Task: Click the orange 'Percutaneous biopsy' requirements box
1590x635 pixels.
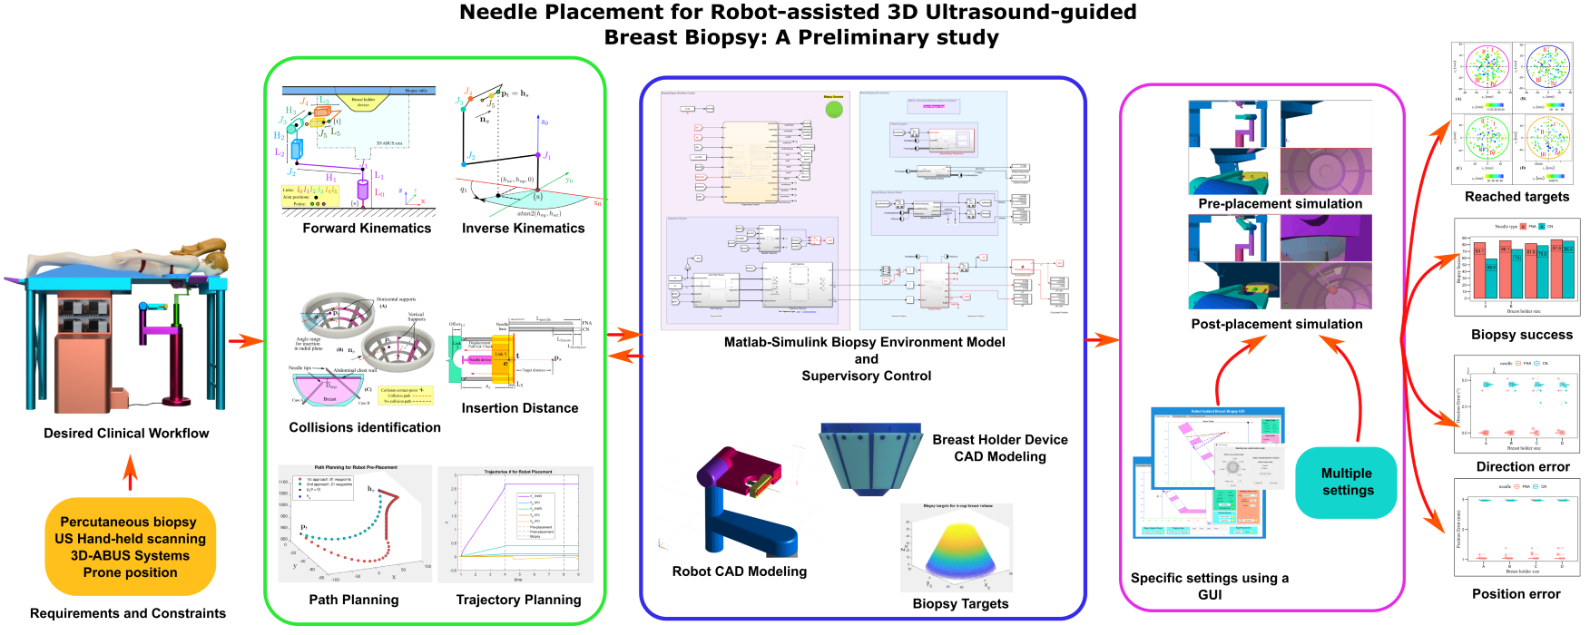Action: pos(130,547)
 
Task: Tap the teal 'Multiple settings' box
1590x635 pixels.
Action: pos(1347,482)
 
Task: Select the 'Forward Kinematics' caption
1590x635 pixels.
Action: pos(367,229)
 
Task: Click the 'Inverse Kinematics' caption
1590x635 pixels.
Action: pos(523,229)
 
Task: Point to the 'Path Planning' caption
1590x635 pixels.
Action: pos(353,600)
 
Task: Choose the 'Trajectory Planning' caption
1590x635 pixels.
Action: pos(518,600)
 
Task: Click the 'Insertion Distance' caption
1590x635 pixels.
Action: pos(519,408)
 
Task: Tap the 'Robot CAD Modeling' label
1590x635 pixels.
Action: pos(739,571)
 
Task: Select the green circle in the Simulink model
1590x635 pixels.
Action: pos(833,110)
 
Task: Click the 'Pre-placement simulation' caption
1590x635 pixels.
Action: pos(1280,204)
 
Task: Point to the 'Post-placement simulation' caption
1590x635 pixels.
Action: pos(1276,325)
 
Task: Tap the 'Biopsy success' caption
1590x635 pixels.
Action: pos(1521,335)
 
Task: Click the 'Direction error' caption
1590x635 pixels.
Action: pos(1522,467)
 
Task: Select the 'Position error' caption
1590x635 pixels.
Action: pos(1516,594)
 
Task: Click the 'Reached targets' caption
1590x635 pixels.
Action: pos(1516,197)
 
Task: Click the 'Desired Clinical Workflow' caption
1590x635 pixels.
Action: pos(126,434)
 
